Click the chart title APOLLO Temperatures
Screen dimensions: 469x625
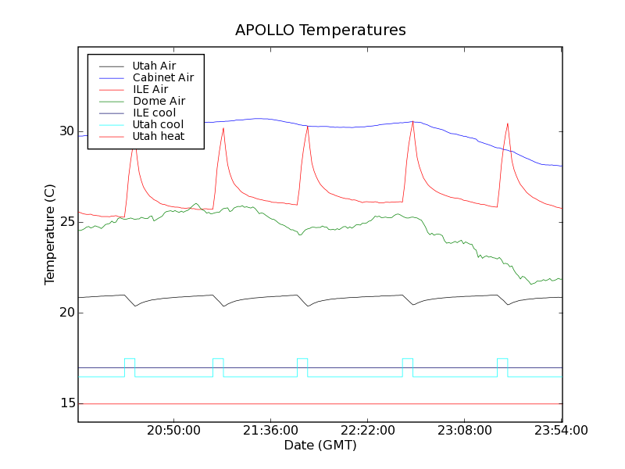coord(320,30)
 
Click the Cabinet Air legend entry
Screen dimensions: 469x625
coord(162,77)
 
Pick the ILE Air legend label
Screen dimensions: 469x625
coord(150,89)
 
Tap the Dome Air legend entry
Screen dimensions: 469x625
coord(159,101)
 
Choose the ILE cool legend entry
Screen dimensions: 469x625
coord(154,113)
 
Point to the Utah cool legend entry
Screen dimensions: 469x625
coord(158,124)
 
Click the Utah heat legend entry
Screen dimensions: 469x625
coord(159,136)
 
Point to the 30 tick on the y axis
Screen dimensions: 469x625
coord(66,131)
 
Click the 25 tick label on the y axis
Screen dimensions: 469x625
coord(66,222)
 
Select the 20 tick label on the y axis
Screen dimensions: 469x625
coord(66,313)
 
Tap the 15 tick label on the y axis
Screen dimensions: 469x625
coord(66,403)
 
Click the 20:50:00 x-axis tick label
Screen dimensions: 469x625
coord(173,431)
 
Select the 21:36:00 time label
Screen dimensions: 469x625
coord(270,431)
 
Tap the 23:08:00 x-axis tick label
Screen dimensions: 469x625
coord(465,431)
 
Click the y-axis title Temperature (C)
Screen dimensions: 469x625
coord(50,234)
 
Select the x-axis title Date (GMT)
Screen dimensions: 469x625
coord(320,446)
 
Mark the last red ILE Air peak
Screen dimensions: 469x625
coord(508,124)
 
